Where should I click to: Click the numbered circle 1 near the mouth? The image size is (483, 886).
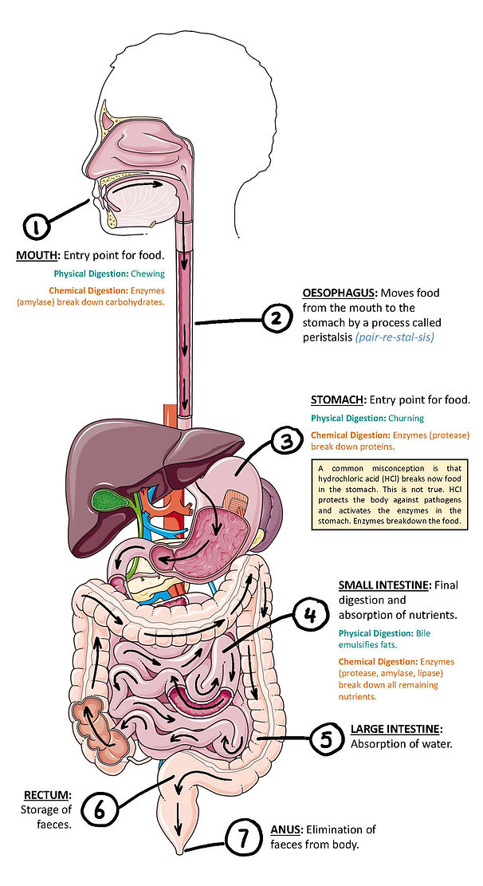click(x=36, y=226)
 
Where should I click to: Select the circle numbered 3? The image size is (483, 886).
click(x=285, y=440)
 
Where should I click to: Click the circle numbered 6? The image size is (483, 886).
click(x=100, y=810)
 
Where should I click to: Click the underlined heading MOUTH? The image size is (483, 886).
click(x=37, y=256)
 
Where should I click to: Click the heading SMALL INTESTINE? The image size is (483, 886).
click(x=383, y=585)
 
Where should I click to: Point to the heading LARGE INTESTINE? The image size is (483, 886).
click(x=395, y=729)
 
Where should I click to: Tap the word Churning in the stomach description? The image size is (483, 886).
click(x=406, y=418)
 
